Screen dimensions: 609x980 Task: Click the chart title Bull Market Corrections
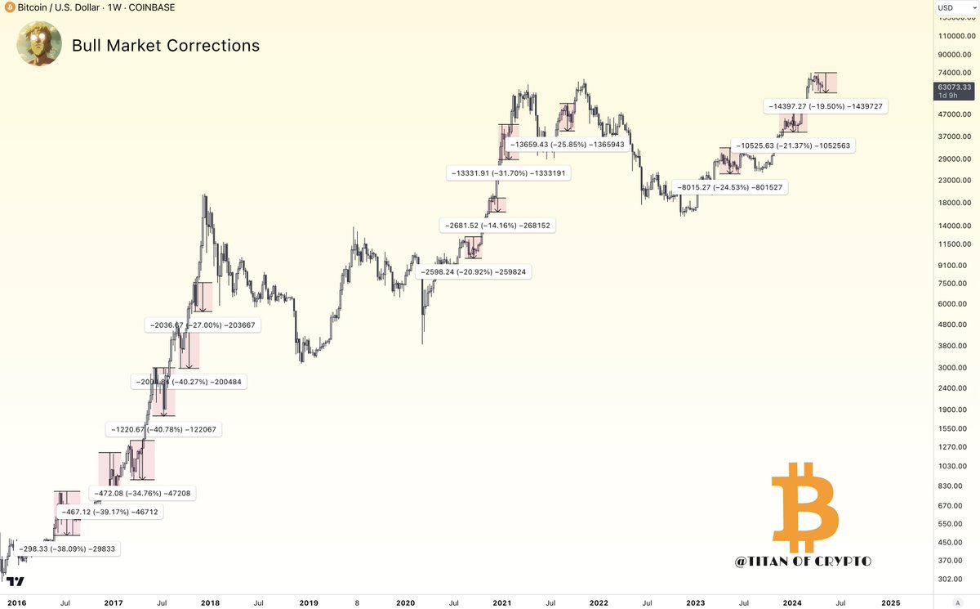166,46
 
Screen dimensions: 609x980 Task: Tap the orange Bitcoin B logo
804,507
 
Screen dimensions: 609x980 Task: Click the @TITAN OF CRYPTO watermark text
803,562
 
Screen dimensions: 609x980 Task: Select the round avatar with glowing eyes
38,44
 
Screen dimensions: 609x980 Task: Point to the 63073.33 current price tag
955,87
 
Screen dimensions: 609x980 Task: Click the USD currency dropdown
955,8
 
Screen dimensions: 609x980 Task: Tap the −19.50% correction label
826,106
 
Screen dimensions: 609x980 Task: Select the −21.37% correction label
793,146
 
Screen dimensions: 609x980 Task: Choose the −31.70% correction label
508,173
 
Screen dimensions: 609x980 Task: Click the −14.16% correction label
497,225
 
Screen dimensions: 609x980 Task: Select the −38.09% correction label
69,549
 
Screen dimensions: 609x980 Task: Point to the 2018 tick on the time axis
210,602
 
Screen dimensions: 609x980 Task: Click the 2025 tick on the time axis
891,602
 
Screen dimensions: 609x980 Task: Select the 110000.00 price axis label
955,36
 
